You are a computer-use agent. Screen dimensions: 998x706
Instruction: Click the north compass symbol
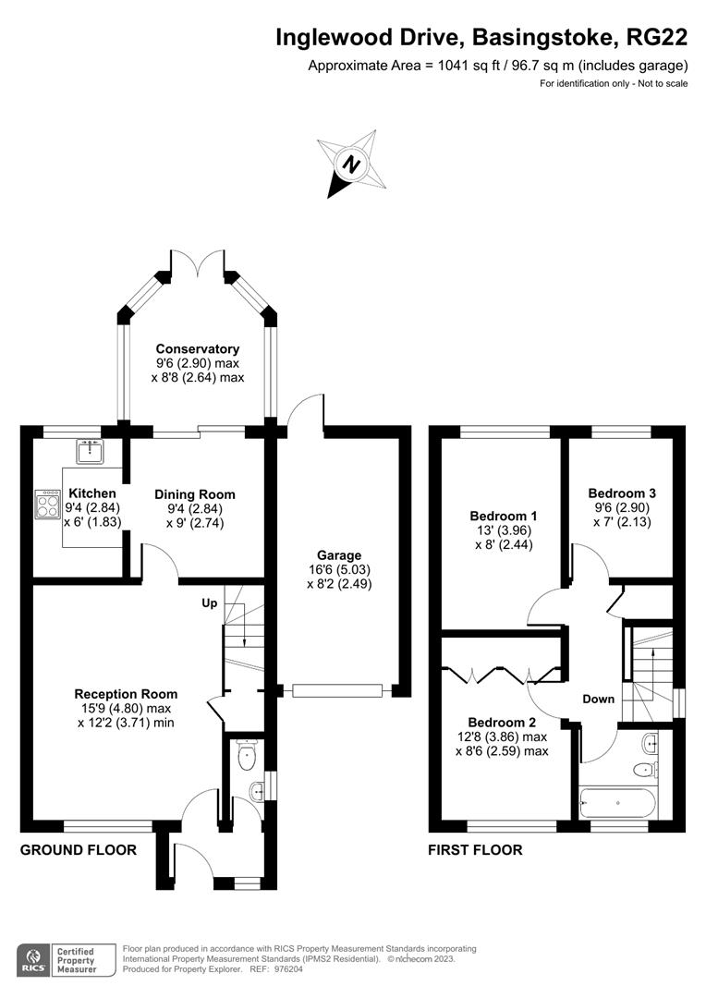coord(351,164)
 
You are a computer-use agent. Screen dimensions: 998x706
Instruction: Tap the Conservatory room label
coord(197,348)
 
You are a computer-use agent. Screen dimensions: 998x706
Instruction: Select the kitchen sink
coord(90,450)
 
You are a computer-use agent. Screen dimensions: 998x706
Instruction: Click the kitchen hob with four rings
coord(47,505)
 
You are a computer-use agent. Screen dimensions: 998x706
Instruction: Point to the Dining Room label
coord(194,494)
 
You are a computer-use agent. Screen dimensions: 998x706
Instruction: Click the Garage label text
coord(339,555)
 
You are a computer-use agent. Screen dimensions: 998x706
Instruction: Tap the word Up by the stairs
coord(210,602)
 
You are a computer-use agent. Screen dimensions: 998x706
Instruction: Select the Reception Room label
coord(126,694)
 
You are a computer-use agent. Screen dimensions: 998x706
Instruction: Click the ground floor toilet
coord(246,758)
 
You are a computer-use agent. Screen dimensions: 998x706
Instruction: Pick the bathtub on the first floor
coord(617,801)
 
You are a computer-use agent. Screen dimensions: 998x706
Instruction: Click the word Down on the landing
coord(598,699)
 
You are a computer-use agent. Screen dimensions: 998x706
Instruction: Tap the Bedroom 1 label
coord(503,516)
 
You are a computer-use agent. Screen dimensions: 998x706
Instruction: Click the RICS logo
coord(34,960)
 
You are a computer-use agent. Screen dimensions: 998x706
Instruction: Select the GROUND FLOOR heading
coord(79,850)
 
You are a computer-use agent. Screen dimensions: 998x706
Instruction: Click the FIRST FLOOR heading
coord(474,850)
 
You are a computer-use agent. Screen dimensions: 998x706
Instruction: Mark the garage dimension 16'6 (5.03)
coord(339,570)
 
